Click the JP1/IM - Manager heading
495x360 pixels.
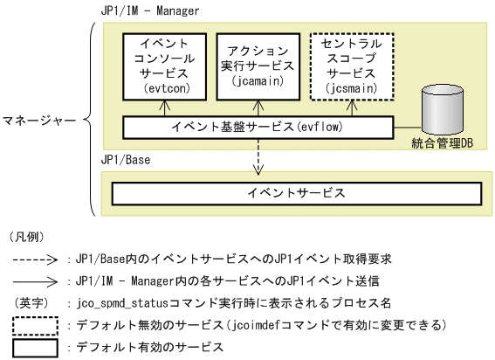[x=150, y=11]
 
